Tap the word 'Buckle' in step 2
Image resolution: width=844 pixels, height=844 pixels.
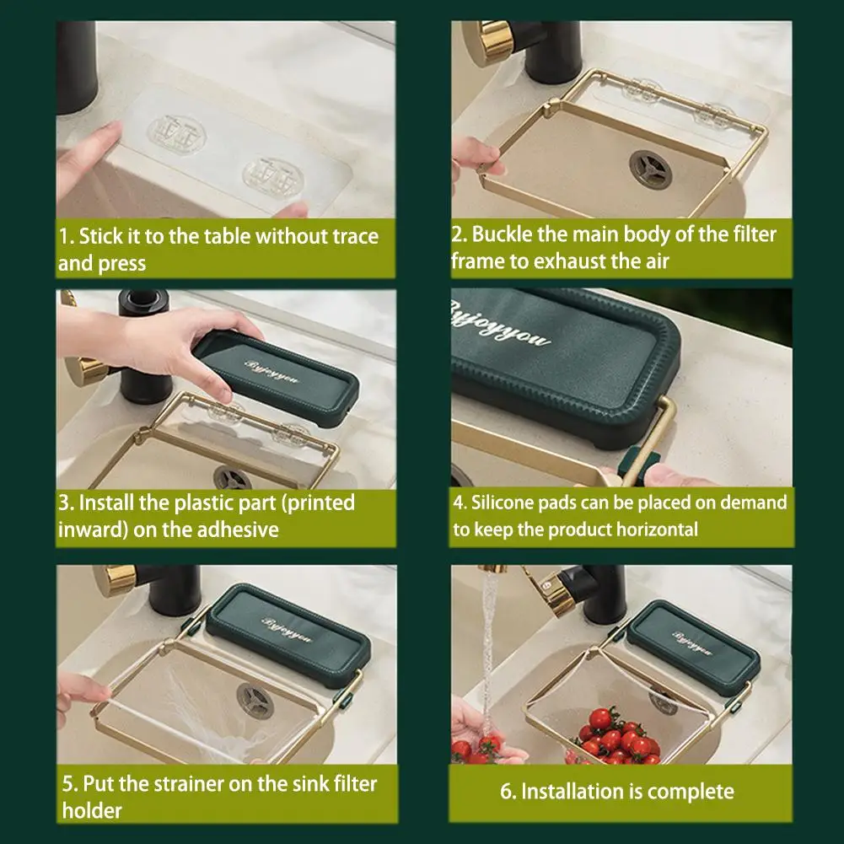501,234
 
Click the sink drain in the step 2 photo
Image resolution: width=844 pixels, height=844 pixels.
650,169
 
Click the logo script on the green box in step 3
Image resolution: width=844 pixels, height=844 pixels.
271,371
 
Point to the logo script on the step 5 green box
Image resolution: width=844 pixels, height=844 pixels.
287,630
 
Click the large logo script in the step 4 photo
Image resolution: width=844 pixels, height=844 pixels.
498,325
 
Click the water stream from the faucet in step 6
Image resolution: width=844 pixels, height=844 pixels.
488,646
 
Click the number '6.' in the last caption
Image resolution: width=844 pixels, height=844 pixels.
508,792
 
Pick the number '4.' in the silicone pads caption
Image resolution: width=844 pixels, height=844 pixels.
460,503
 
